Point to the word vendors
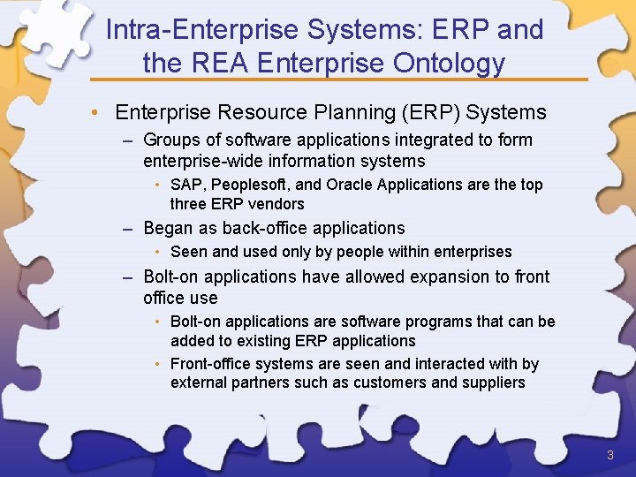[277, 204]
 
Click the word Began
[168, 228]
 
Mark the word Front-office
[211, 364]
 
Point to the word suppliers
[493, 383]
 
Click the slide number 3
[609, 455]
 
